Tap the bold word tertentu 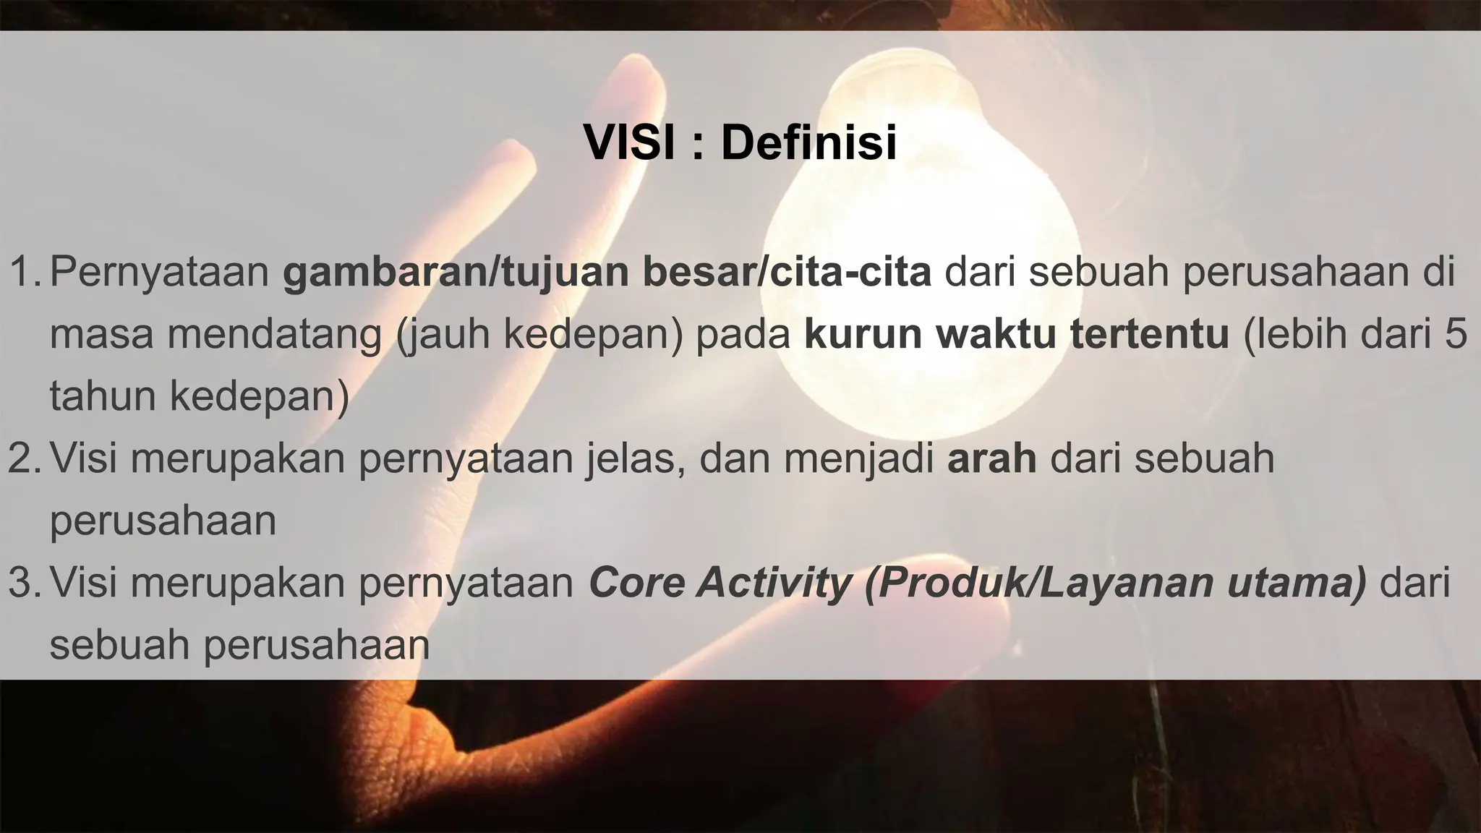[1150, 334]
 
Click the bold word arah [991, 458]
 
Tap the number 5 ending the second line [1455, 334]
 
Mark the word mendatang [276, 336]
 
